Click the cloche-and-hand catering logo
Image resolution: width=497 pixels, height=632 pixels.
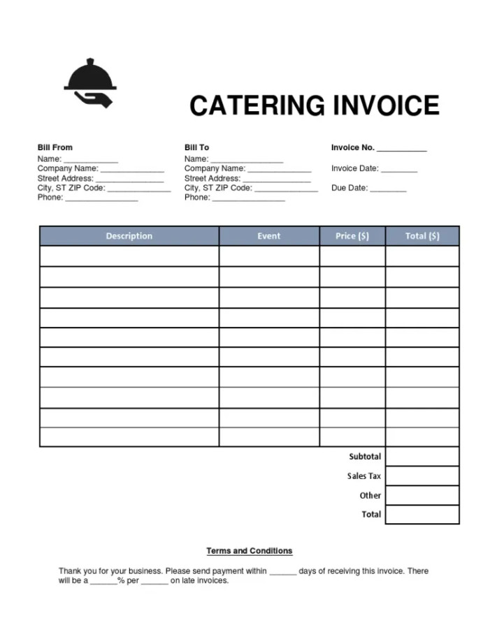tap(89, 83)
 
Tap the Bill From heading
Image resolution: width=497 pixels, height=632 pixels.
tap(55, 147)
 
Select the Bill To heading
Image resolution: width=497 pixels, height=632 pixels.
tap(196, 147)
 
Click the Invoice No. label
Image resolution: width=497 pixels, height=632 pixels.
tap(353, 147)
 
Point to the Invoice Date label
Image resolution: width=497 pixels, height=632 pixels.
tap(355, 168)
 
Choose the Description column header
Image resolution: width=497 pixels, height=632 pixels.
tap(129, 236)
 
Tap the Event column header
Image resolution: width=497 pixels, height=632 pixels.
tap(269, 236)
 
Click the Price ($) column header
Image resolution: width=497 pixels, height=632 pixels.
tap(352, 236)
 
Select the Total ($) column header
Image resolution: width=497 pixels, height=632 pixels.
tap(422, 236)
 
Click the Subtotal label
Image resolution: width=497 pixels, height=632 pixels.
tap(365, 457)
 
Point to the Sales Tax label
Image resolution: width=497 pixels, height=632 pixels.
tap(364, 476)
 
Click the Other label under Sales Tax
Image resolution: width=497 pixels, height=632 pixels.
tap(370, 495)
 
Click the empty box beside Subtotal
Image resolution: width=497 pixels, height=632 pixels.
tap(422, 457)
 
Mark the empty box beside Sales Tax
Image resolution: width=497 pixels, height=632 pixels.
tap(422, 476)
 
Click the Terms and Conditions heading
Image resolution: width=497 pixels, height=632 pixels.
tap(250, 551)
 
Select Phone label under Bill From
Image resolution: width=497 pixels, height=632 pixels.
tap(50, 198)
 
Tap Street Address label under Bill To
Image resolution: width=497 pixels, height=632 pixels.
tap(213, 178)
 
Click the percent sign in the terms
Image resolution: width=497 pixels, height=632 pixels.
tap(121, 580)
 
